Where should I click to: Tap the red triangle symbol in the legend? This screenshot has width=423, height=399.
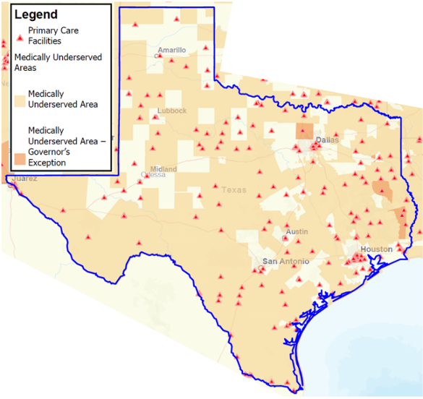pyautogui.click(x=20, y=37)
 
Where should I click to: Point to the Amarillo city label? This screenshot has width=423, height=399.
pyautogui.click(x=172, y=50)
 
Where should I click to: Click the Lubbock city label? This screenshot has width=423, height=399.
pyautogui.click(x=171, y=111)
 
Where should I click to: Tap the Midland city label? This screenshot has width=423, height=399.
pyautogui.click(x=163, y=169)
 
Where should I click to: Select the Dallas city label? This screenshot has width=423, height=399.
pyautogui.click(x=327, y=140)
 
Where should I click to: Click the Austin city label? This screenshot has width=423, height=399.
pyautogui.click(x=297, y=231)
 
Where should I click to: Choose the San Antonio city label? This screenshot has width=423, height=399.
pyautogui.click(x=285, y=261)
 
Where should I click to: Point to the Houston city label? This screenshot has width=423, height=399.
pyautogui.click(x=376, y=249)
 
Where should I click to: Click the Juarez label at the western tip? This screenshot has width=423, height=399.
pyautogui.click(x=24, y=178)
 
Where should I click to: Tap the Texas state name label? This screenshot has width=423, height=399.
pyautogui.click(x=234, y=190)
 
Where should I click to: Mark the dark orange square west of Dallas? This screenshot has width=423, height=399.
pyautogui.click(x=304, y=131)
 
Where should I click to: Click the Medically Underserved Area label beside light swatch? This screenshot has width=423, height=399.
pyautogui.click(x=62, y=99)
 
